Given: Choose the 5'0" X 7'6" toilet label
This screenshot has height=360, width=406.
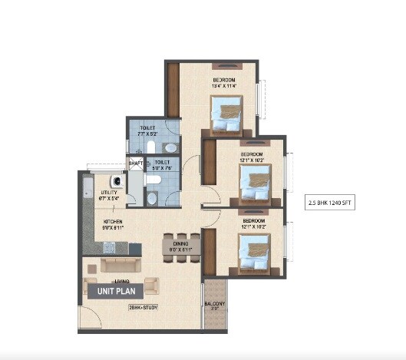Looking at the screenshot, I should tap(161, 167).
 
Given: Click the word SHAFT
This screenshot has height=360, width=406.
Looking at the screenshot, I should tap(135, 163).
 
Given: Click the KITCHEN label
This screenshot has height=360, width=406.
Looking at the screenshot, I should tap(114, 223).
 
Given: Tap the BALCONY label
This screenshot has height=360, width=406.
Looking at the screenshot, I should tap(214, 305).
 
